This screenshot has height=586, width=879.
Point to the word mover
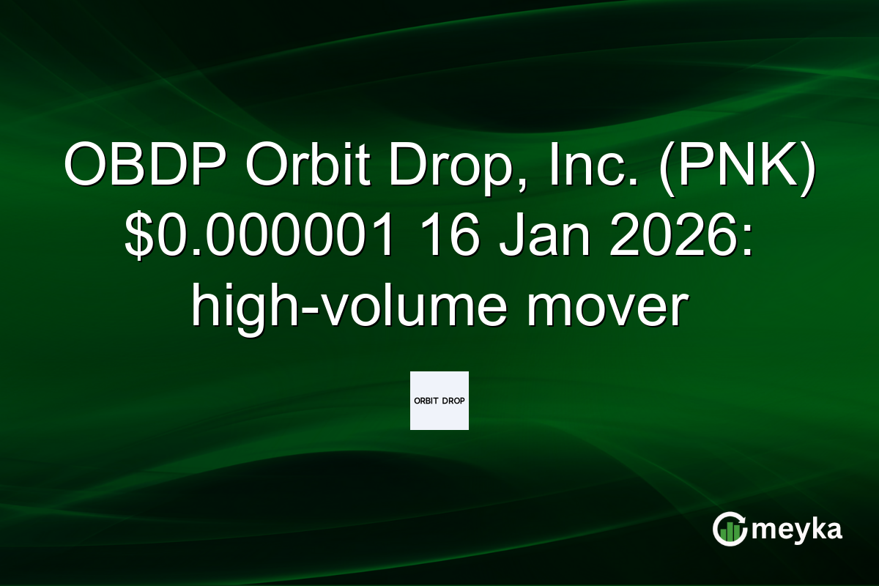(604, 307)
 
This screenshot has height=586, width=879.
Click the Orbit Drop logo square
(439, 400)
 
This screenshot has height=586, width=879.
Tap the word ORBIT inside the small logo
(427, 401)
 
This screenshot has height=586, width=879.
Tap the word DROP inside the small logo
(453, 401)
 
